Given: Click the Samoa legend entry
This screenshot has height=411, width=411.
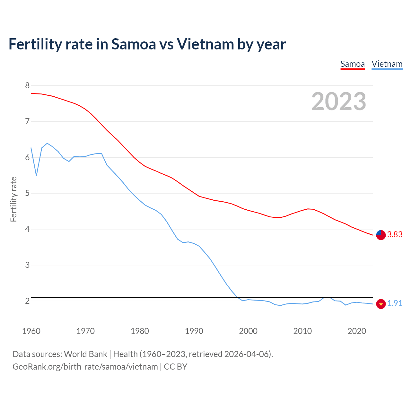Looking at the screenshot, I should click(x=353, y=64).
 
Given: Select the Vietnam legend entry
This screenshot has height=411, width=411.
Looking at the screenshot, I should click(x=387, y=64).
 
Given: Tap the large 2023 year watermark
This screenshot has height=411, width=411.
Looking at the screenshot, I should click(x=339, y=101).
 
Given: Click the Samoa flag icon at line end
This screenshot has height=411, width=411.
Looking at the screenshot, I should click(x=380, y=235).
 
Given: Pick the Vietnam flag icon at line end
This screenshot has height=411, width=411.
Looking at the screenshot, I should click(x=381, y=304).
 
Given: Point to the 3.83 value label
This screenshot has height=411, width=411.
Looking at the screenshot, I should click(x=395, y=235).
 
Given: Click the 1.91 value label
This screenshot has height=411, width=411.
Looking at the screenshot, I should click(x=395, y=303).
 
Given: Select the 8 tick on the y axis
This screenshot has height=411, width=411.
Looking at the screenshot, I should click(x=27, y=85).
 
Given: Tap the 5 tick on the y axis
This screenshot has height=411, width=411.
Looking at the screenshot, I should click(x=27, y=193).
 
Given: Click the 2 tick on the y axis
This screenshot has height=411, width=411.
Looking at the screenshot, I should click(x=27, y=301).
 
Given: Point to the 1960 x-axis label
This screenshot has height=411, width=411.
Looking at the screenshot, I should click(x=31, y=331).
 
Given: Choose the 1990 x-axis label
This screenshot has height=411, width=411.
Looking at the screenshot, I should click(x=194, y=331).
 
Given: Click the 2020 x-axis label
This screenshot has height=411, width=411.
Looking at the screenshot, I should click(x=357, y=331).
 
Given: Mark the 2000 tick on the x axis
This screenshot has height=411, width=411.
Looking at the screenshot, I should click(x=248, y=331).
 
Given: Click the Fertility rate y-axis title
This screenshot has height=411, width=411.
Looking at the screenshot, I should click(x=13, y=199).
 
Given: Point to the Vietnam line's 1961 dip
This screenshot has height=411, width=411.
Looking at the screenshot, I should click(x=36, y=175).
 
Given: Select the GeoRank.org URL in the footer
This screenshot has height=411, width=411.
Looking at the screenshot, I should click(x=85, y=367).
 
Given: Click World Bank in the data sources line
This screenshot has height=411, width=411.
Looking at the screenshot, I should click(x=85, y=354).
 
